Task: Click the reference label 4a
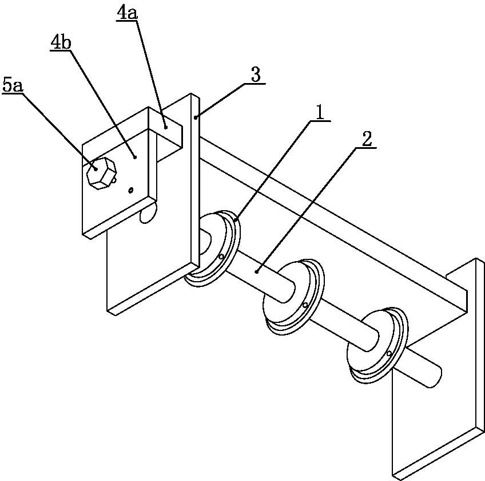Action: tap(127, 14)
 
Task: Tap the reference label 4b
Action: tap(61, 44)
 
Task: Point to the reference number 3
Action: tap(256, 75)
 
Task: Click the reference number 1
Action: tap(320, 113)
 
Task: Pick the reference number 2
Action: tap(367, 139)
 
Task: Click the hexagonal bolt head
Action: tap(101, 173)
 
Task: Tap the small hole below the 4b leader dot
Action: tap(131, 190)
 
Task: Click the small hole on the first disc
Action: tap(221, 257)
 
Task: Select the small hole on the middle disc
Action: tap(305, 305)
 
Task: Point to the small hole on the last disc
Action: tap(389, 354)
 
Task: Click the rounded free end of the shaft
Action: tap(436, 376)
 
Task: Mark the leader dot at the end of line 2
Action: tap(257, 272)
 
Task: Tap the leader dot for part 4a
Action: tap(166, 127)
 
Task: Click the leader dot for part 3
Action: tap(196, 117)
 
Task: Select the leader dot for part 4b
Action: tap(135, 157)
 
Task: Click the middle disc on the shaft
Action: tap(293, 297)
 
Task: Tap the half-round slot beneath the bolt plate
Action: tap(148, 214)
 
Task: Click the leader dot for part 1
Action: tap(236, 220)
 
